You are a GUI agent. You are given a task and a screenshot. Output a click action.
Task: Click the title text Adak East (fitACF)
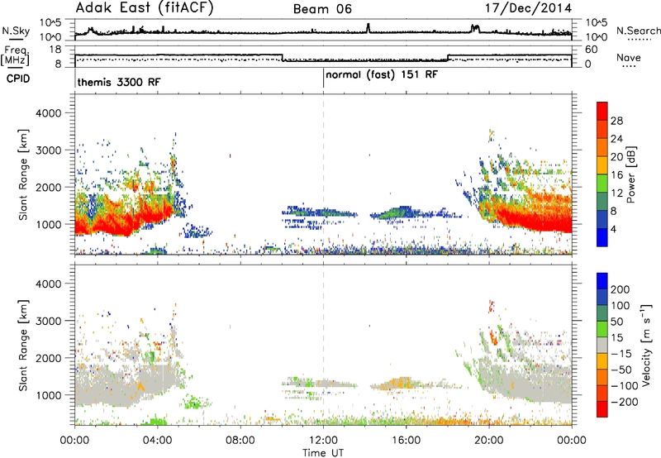pos(145,8)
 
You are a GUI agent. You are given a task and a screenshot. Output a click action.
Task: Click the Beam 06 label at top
pos(322,9)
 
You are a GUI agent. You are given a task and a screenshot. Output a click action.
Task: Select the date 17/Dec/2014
pos(528,8)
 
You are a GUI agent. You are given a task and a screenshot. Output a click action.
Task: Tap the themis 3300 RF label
pos(119,82)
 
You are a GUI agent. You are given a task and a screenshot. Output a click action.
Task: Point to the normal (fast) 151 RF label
pos(382,74)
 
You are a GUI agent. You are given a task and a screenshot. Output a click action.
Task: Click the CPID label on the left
pos(17,79)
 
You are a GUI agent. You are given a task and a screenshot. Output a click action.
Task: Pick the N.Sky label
pos(16,31)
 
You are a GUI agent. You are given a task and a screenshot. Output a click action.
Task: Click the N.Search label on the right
pos(638,31)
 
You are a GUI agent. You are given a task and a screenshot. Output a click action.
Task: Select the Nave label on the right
pos(629,58)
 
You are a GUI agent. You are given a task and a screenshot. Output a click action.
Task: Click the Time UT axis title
pos(323,453)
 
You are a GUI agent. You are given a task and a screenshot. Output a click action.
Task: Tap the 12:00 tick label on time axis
pos(323,441)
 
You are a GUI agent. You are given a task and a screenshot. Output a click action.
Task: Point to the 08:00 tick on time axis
pos(240,441)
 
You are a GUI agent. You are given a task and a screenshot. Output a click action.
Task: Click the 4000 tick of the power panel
pos(49,113)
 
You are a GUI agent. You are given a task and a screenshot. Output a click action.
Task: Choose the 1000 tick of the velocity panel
pos(49,395)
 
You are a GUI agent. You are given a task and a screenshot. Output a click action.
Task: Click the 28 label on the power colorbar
pos(616,121)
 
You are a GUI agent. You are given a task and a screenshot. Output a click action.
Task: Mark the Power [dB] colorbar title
pos(630,174)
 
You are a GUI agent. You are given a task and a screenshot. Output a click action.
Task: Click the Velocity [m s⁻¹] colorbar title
pos(646,345)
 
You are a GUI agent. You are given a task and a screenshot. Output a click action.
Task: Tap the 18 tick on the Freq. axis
pos(55,50)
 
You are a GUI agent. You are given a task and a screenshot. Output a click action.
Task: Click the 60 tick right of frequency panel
pos(592,50)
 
